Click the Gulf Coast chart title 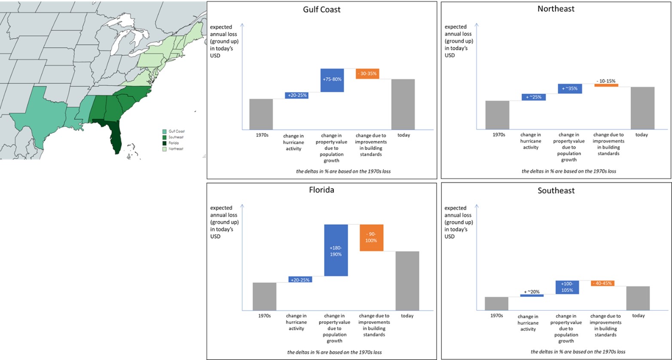click(x=322, y=9)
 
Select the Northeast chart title click(x=556, y=9)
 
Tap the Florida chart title click(x=322, y=190)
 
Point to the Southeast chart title click(x=556, y=191)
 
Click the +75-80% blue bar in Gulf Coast click(x=332, y=80)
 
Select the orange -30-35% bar click(x=367, y=73)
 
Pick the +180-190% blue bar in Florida click(x=336, y=250)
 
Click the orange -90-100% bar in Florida click(x=371, y=238)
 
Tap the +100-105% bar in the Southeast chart click(x=567, y=287)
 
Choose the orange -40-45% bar click(x=602, y=283)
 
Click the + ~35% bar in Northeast click(x=570, y=89)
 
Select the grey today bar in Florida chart click(x=407, y=281)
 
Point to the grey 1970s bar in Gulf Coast click(x=261, y=114)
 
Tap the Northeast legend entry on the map click(x=176, y=149)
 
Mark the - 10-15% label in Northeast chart click(x=606, y=81)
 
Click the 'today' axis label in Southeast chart click(x=639, y=316)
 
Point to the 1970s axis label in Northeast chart click(x=499, y=135)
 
